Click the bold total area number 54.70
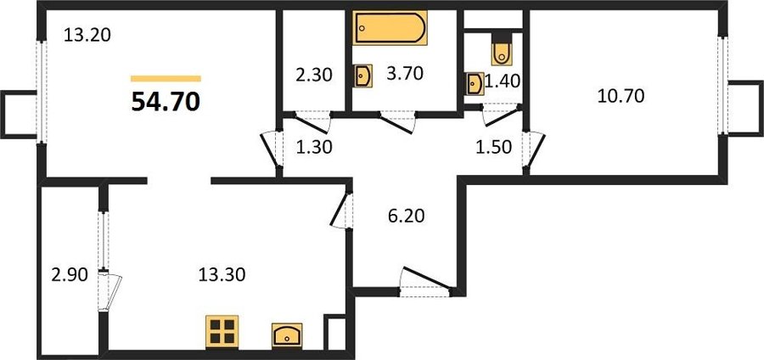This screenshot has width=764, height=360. (166, 102)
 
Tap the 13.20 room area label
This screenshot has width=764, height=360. (87, 35)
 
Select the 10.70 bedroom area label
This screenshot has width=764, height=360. (621, 96)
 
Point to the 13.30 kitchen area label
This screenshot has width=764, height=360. (222, 275)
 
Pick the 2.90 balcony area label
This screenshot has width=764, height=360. (70, 275)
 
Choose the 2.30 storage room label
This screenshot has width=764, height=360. (314, 75)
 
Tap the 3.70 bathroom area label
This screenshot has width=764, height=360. (404, 73)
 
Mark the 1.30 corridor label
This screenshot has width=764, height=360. (314, 147)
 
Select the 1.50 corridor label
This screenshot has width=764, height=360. (494, 147)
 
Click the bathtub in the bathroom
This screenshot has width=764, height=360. (390, 28)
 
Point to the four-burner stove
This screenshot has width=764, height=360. (222, 332)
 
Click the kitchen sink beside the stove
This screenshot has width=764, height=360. (287, 335)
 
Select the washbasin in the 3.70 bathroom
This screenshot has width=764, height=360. (363, 76)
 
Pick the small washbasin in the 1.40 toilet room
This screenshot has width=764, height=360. (475, 84)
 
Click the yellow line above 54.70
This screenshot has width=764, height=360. (166, 78)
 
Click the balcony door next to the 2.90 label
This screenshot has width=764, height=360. (110, 292)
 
